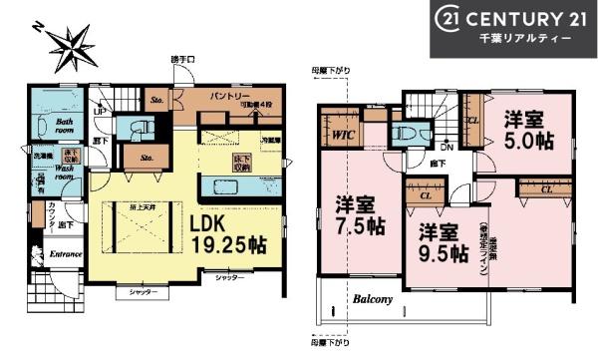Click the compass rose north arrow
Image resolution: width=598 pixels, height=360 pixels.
click(73, 43)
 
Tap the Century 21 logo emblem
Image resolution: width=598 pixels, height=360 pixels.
click(448, 19)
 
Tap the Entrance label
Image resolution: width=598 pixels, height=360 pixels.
click(63, 253)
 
